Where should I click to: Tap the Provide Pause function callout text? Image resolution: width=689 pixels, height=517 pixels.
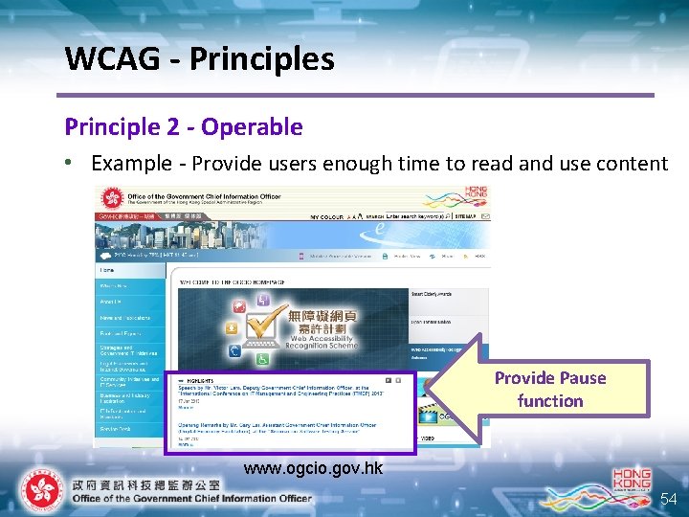click(549, 389)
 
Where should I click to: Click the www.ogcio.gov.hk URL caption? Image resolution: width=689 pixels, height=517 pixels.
click(313, 468)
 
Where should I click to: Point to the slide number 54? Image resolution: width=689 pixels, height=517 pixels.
click(668, 500)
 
